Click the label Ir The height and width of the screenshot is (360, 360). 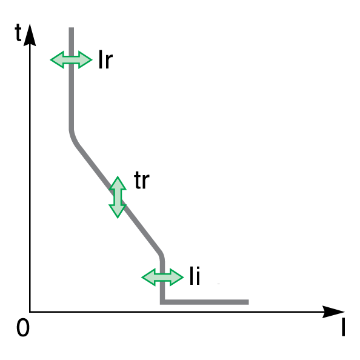tap(105, 59)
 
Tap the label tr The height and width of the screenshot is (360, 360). tap(142, 180)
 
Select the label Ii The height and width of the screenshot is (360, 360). tap(195, 276)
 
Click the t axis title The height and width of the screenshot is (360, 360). tap(18, 32)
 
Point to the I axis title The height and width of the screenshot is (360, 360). tap(343, 328)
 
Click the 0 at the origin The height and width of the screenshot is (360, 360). tap(23, 328)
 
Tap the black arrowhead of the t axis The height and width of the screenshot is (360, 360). tap(30, 35)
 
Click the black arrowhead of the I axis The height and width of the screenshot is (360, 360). tap(333, 312)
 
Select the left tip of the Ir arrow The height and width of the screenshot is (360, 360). tap(50, 59)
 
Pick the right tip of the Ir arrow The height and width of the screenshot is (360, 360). tap(92, 59)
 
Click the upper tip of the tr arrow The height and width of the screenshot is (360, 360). tap(118, 176)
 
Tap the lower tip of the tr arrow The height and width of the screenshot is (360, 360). tap(118, 218)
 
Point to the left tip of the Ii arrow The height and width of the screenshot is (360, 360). tap(142, 278)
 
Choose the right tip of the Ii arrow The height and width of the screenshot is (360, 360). tap(184, 278)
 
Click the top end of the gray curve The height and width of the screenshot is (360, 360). tap(72, 28)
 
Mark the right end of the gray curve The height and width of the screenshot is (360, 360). tap(248, 302)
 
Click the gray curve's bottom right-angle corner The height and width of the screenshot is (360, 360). tap(162, 302)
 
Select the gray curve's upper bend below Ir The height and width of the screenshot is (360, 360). tap(73, 138)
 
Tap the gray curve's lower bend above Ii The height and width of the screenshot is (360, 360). tap(161, 254)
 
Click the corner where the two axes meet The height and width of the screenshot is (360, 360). tap(30, 312)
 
